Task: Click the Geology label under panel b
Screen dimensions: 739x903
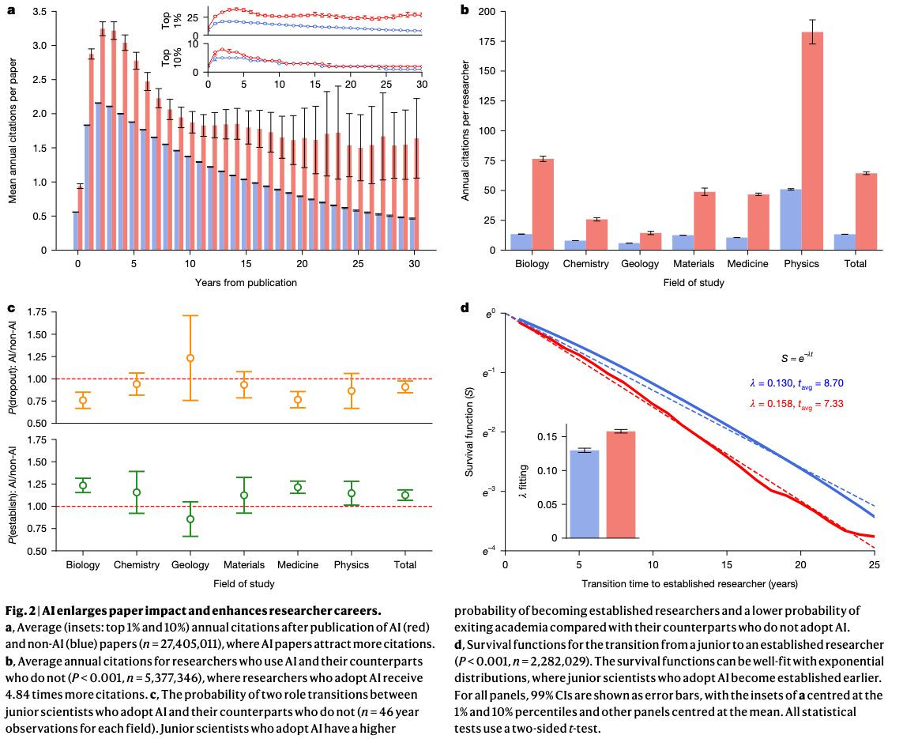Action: click(638, 264)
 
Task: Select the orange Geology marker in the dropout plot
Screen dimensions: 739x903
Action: click(190, 358)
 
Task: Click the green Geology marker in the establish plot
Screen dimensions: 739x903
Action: click(190, 519)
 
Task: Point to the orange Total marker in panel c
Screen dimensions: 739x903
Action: click(405, 386)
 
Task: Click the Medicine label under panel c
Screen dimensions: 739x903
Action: click(297, 565)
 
